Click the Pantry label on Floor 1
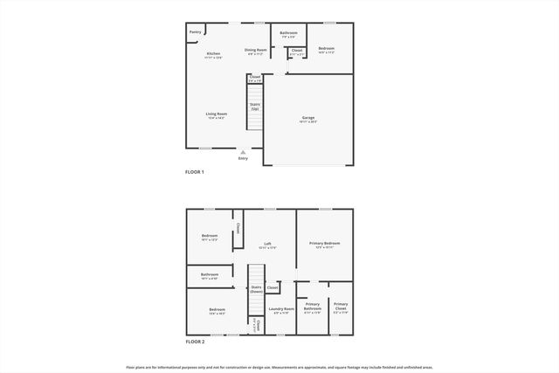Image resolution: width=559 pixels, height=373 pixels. click(195, 32)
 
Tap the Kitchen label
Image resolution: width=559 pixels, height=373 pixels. click(213, 54)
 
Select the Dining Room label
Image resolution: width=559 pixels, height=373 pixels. click(255, 51)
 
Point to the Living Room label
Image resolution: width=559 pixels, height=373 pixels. click(216, 114)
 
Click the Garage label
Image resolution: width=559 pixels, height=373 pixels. click(308, 118)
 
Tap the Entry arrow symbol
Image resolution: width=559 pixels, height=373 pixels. click(243, 152)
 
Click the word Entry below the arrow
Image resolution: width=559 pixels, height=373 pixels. click(243, 158)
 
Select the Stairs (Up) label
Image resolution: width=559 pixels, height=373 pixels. click(254, 107)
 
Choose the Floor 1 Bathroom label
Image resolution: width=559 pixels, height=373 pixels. click(288, 33)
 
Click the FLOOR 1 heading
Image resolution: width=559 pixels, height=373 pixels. click(194, 172)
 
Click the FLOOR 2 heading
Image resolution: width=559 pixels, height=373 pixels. click(194, 342)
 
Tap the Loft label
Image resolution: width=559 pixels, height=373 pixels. click(269, 245)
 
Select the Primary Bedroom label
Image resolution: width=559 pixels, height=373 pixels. click(324, 243)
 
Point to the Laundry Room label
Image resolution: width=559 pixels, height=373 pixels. click(281, 308)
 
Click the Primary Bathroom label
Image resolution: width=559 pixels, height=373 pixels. click(313, 306)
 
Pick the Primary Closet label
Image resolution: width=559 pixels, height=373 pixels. click(340, 306)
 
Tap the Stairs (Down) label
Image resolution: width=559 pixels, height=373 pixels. click(256, 288)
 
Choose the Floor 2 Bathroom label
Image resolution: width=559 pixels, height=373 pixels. click(210, 274)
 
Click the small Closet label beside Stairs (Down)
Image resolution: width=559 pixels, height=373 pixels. click(273, 287)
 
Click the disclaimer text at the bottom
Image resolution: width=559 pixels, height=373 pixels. click(279, 367)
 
